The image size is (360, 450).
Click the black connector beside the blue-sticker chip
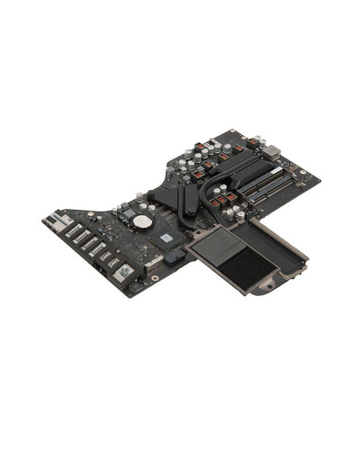click(x=176, y=258)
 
